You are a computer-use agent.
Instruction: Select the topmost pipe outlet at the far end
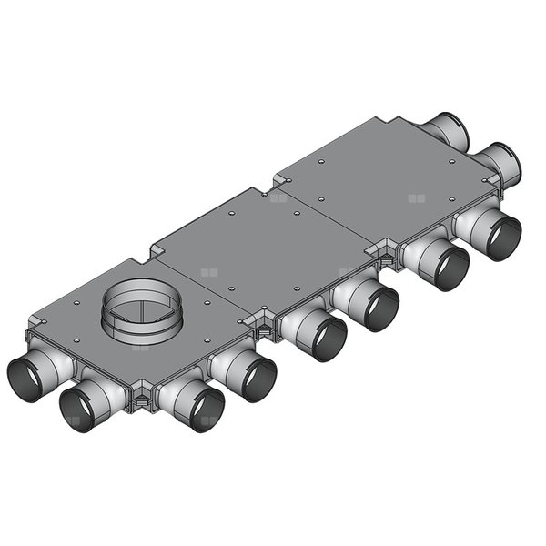(x=448, y=131)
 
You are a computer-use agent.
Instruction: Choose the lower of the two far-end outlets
(x=502, y=163)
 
